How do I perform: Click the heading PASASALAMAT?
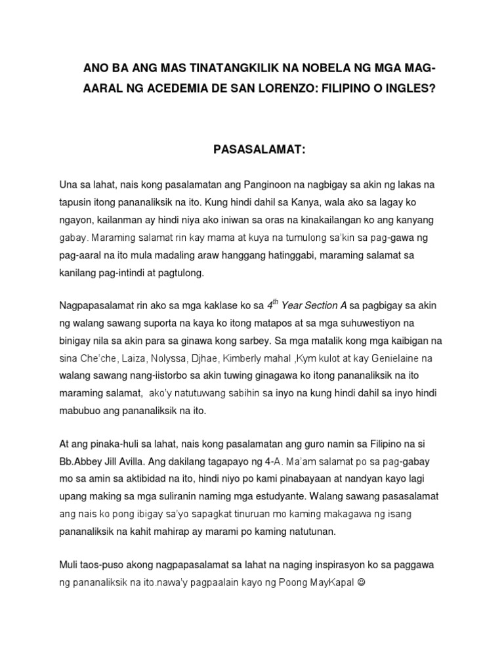[251, 150]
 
